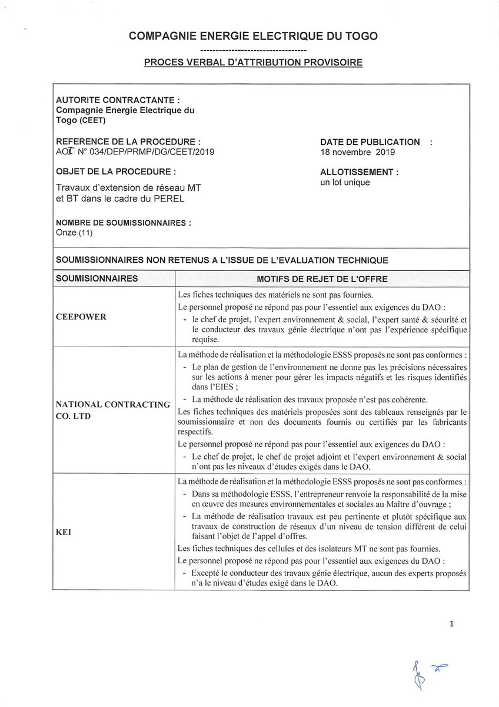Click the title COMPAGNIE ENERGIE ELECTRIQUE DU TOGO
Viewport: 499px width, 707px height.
[x=253, y=36]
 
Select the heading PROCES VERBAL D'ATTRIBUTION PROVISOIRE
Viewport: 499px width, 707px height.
[x=253, y=62]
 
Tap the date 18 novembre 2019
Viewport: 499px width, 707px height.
[x=357, y=151]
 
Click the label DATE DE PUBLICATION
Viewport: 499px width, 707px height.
[x=370, y=142]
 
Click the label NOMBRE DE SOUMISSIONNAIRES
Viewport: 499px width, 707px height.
[x=122, y=223]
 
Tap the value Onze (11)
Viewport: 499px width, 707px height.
[x=74, y=233]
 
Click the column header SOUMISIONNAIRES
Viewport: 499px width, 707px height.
[x=97, y=277]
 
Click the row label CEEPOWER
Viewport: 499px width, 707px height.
[x=81, y=316]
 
